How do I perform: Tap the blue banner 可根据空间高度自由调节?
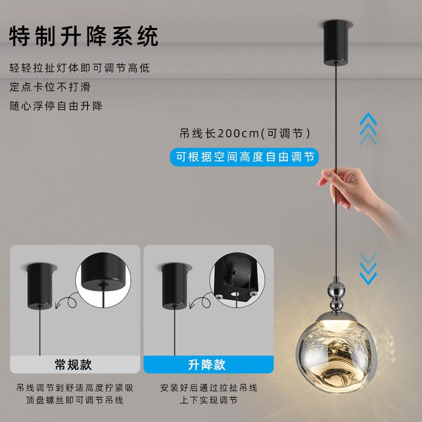click(245, 156)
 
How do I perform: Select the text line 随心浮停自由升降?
click(56, 105)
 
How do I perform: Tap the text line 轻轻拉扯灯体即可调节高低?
click(79, 68)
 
